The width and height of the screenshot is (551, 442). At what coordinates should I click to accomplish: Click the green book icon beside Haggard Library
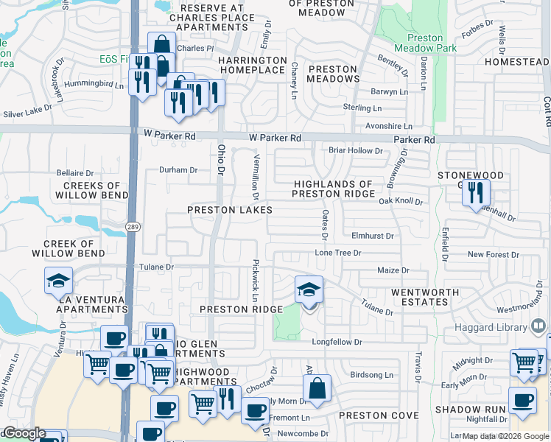[538, 324]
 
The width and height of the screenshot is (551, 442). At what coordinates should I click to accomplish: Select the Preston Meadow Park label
[424, 43]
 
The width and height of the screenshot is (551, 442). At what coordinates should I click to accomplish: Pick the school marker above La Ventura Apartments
[59, 281]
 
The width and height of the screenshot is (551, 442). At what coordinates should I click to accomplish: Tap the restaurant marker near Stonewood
[476, 192]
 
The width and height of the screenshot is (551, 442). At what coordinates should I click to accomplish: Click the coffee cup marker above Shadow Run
[523, 400]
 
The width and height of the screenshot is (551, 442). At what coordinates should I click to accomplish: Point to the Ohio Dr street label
[220, 160]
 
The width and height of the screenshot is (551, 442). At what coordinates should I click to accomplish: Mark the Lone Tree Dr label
[338, 253]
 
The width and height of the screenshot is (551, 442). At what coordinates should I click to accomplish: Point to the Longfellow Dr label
[337, 342]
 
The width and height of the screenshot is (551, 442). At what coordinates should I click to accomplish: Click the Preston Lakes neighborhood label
[230, 210]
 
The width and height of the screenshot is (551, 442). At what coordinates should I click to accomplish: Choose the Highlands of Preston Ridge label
[333, 189]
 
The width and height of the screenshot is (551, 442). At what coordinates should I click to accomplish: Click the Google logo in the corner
[24, 433]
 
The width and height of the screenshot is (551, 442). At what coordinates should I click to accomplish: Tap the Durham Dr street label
[178, 170]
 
